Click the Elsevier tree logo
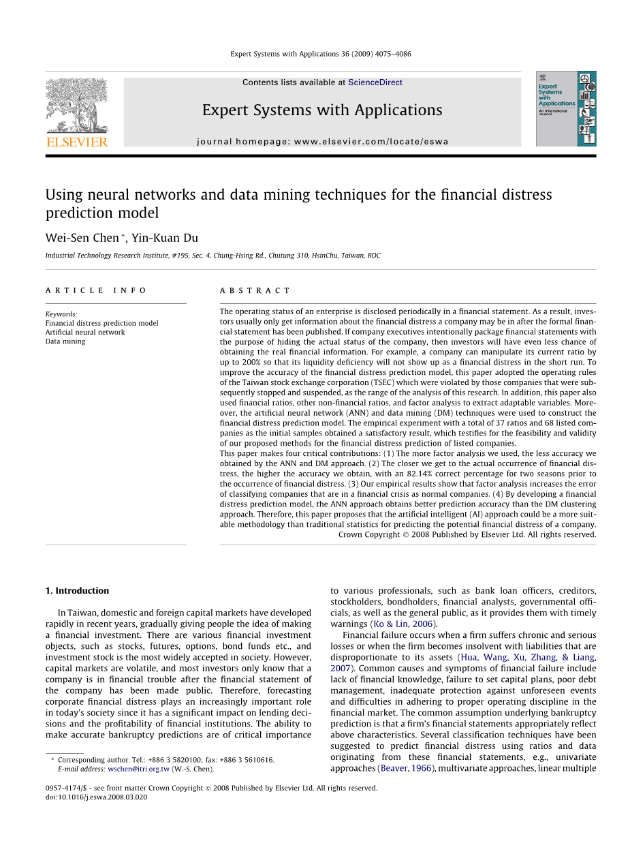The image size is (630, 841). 76,106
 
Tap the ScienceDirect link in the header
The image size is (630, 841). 375,82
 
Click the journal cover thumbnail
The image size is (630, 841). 565,108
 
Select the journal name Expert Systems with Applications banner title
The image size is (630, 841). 322,110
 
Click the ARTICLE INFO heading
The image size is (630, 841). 96,290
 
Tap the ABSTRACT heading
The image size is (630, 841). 255,290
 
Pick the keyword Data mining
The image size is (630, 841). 65,341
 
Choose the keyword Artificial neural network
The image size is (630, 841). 85,333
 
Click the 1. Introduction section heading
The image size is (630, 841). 77,591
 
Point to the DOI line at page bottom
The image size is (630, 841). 96,797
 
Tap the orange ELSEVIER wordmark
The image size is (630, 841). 76,142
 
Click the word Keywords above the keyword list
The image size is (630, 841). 61,315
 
